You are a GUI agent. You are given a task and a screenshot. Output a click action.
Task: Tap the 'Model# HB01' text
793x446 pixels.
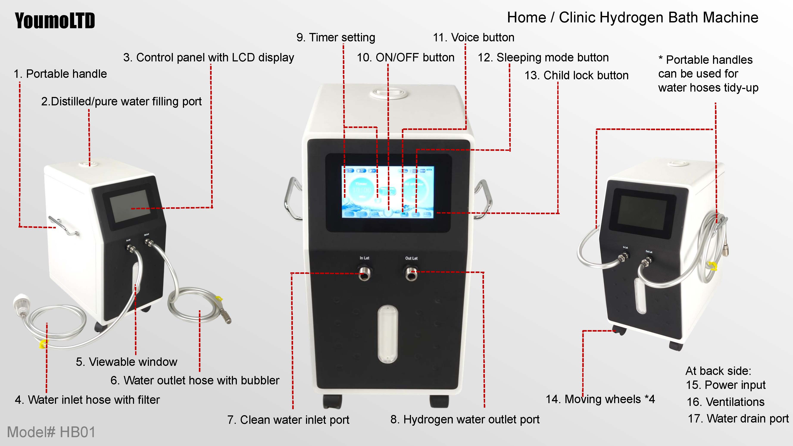click(51, 432)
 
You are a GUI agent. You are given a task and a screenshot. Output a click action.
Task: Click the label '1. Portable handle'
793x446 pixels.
click(60, 74)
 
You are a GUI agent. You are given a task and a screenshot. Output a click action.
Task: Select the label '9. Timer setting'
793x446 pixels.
click(336, 37)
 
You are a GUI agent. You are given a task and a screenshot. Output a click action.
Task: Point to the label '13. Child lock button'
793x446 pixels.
click(576, 75)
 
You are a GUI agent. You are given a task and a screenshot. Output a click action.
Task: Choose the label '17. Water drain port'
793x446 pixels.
click(738, 419)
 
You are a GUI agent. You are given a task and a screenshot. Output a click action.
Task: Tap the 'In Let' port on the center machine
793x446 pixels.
click(364, 273)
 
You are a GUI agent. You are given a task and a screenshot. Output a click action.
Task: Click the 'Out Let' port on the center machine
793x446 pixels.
click(411, 273)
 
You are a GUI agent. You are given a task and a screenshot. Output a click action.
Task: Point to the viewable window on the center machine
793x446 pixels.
click(388, 334)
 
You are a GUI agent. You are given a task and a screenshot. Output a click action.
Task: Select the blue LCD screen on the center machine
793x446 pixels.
click(388, 192)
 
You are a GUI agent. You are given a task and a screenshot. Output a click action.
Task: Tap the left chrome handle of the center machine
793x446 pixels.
click(292, 198)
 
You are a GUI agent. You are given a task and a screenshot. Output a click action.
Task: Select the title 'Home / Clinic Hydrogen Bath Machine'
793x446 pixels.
click(633, 17)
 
